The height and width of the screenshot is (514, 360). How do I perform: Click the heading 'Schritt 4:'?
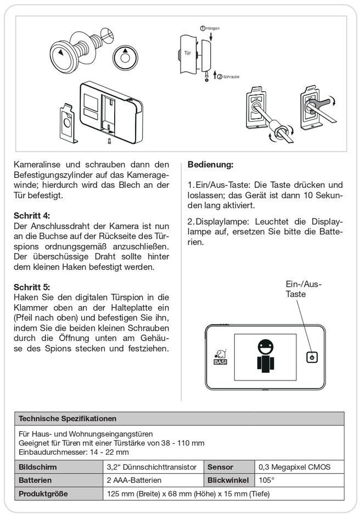pyautogui.click(x=34, y=215)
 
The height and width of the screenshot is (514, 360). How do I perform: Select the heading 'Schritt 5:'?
pyautogui.click(x=34, y=287)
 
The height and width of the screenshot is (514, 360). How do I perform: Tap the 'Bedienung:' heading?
pyautogui.click(x=210, y=164)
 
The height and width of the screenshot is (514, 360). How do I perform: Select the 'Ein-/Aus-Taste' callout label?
pyautogui.click(x=302, y=289)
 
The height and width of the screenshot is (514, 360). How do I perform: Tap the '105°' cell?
pyautogui.click(x=267, y=480)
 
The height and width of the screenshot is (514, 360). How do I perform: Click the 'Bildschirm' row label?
pyautogui.click(x=38, y=467)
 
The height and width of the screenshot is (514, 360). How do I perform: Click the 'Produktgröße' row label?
pyautogui.click(x=43, y=494)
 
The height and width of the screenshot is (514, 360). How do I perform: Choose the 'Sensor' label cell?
pyautogui.click(x=221, y=467)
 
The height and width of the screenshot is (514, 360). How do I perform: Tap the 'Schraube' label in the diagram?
pyautogui.click(x=231, y=77)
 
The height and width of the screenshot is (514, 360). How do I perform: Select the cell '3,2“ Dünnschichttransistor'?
pyautogui.click(x=151, y=467)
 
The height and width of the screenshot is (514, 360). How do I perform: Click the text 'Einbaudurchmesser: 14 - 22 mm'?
pyautogui.click(x=74, y=452)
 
